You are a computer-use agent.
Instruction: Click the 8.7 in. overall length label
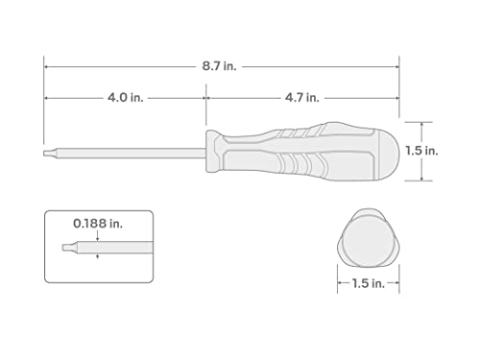220,67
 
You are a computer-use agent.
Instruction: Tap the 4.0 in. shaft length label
123,97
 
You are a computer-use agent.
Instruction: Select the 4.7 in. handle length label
301,97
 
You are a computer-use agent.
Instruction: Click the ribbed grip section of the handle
288,151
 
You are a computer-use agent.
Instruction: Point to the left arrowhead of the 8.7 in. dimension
47,67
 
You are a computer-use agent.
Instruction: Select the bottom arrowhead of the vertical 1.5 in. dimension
423,179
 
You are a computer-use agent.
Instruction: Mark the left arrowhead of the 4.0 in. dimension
47,97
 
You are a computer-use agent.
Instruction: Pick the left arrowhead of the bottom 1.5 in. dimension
340,283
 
